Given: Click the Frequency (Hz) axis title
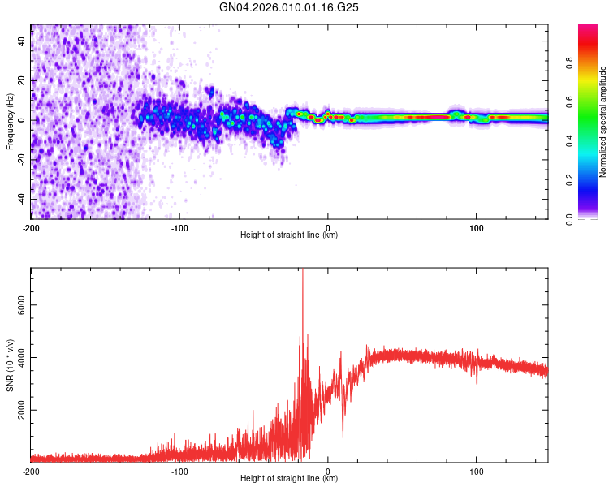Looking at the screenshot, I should (10, 121).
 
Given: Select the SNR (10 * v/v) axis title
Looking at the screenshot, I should (10, 364).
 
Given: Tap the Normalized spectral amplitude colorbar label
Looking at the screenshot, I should (603, 122).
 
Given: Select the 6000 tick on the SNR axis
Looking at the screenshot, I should (19, 304).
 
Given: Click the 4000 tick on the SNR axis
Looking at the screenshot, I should (19, 357).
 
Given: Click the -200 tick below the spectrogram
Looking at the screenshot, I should (31, 226).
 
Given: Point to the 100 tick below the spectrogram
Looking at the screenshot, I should (476, 226).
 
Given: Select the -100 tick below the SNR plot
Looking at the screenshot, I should (179, 471).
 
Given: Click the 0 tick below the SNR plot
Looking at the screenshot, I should (328, 471).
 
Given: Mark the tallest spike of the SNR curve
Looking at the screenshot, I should (302, 273).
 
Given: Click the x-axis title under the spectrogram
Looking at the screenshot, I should (289, 235).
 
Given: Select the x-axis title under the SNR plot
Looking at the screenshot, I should (289, 479).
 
